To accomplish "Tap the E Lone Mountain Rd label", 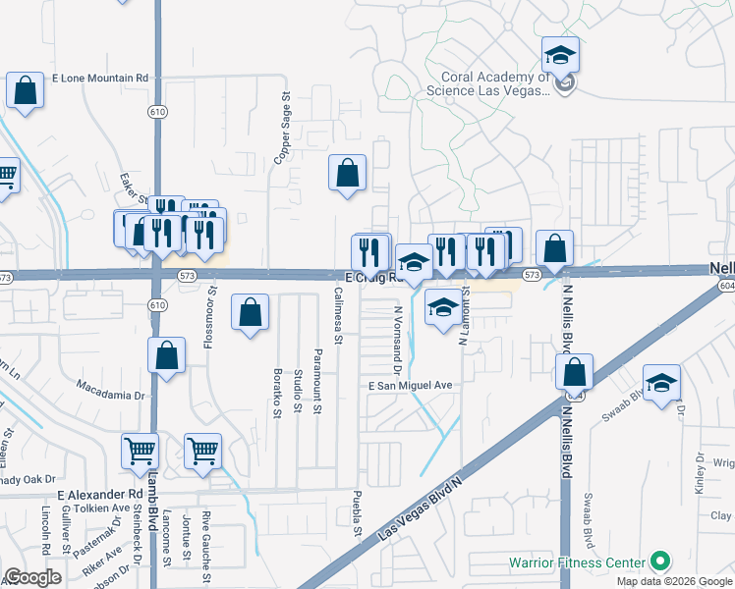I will pyautogui.click(x=99, y=78).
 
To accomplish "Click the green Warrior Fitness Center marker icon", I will pyautogui.click(x=659, y=562).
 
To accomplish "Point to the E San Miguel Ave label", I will pyautogui.click(x=410, y=386).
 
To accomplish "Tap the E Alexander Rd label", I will pyautogui.click(x=101, y=494).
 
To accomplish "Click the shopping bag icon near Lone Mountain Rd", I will pyautogui.click(x=25, y=92).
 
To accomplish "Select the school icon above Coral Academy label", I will pyautogui.click(x=560, y=56).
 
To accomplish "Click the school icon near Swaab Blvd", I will pyautogui.click(x=662, y=384).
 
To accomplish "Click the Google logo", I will pyautogui.click(x=32, y=577).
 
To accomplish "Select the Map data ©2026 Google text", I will pyautogui.click(x=675, y=581).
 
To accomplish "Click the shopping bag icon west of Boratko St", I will pyautogui.click(x=251, y=313).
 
